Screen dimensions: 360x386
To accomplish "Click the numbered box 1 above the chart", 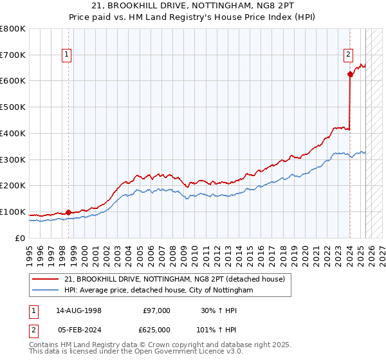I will (67, 55).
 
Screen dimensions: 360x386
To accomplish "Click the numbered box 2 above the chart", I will (348, 55).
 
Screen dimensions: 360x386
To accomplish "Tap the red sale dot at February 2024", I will (350, 75).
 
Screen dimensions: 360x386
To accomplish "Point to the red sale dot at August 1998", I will (69, 212).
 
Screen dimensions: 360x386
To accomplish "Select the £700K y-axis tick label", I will (13, 55).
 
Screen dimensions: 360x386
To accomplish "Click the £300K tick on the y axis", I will (13, 159).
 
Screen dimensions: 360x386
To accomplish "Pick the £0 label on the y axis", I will (19, 238).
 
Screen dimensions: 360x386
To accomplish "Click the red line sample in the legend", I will (46, 279).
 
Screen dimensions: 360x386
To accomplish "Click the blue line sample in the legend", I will (46, 291).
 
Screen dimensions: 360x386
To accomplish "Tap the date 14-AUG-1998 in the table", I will (78, 310).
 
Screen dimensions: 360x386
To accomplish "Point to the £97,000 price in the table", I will (157, 310).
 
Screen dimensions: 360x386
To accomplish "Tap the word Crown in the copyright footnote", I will (169, 345).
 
